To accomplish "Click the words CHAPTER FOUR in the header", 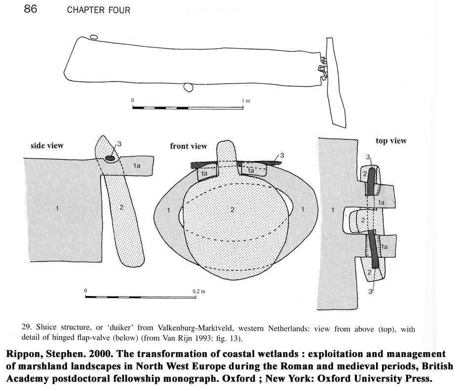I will click(x=98, y=10).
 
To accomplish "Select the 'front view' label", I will click(x=189, y=146).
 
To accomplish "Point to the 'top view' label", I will click(x=391, y=141).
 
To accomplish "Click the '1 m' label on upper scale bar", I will click(x=245, y=100).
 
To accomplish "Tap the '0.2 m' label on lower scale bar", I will click(x=199, y=291).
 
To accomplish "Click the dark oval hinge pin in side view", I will click(x=111, y=159).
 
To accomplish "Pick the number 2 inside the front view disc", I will click(x=232, y=210).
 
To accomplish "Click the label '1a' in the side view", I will click(x=137, y=167).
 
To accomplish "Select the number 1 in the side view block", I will click(x=57, y=209).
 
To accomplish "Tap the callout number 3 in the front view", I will click(x=281, y=156).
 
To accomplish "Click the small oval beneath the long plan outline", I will click(x=188, y=87).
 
